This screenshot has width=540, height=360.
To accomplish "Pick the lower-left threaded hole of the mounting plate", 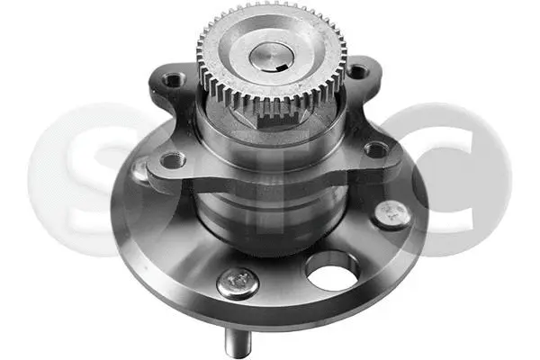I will point(170,162).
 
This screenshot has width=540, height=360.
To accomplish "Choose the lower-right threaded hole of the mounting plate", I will point(374,149).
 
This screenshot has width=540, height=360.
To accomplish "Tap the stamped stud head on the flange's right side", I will point(389,213).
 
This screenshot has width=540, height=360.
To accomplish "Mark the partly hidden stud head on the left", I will point(139,169).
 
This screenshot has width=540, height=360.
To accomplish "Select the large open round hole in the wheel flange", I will point(333,273).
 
